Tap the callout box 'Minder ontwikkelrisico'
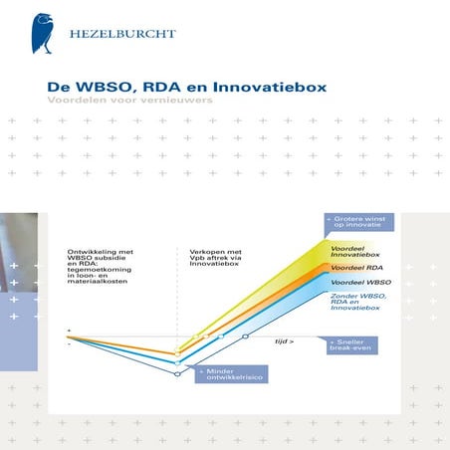coord(230,376)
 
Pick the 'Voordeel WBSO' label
coord(354,284)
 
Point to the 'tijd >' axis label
coord(285,340)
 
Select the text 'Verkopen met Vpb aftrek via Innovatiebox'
coord(217,257)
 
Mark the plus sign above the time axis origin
coord(69,329)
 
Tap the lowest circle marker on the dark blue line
coord(177,374)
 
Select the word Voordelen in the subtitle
coord(77,102)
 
